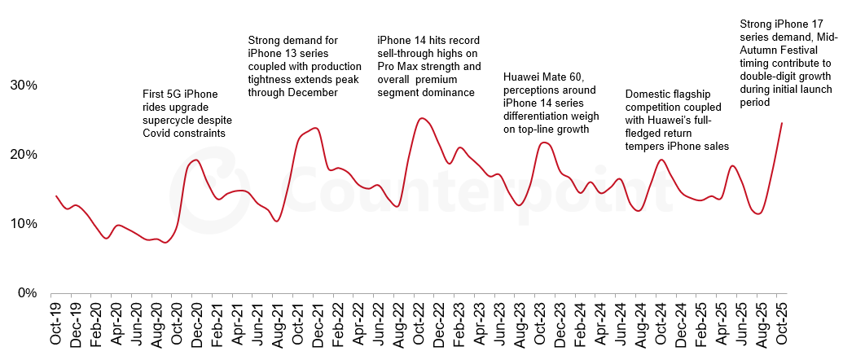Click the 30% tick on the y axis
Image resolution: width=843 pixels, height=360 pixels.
click(23, 86)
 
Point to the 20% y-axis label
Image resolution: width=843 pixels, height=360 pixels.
click(23, 155)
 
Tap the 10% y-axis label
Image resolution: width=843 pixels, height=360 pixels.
click(23, 224)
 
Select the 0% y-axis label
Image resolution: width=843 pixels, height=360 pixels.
click(26, 293)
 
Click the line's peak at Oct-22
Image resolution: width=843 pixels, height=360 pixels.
click(420, 118)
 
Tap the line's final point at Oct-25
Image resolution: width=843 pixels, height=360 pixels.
click(782, 123)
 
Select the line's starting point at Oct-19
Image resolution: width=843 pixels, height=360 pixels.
click(55, 195)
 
